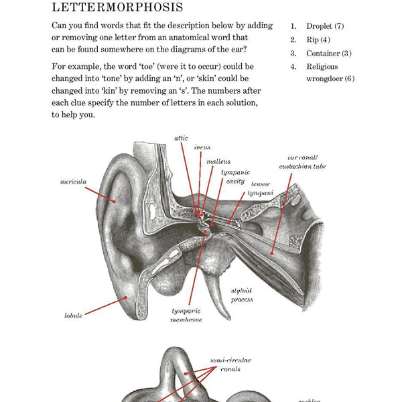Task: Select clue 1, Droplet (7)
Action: click(325, 26)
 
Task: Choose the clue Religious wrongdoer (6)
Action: click(330, 72)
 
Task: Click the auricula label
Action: click(73, 181)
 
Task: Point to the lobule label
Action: click(74, 315)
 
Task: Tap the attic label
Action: click(181, 137)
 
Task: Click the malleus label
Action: click(218, 161)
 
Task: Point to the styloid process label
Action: click(242, 295)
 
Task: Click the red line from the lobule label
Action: click(104, 308)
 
